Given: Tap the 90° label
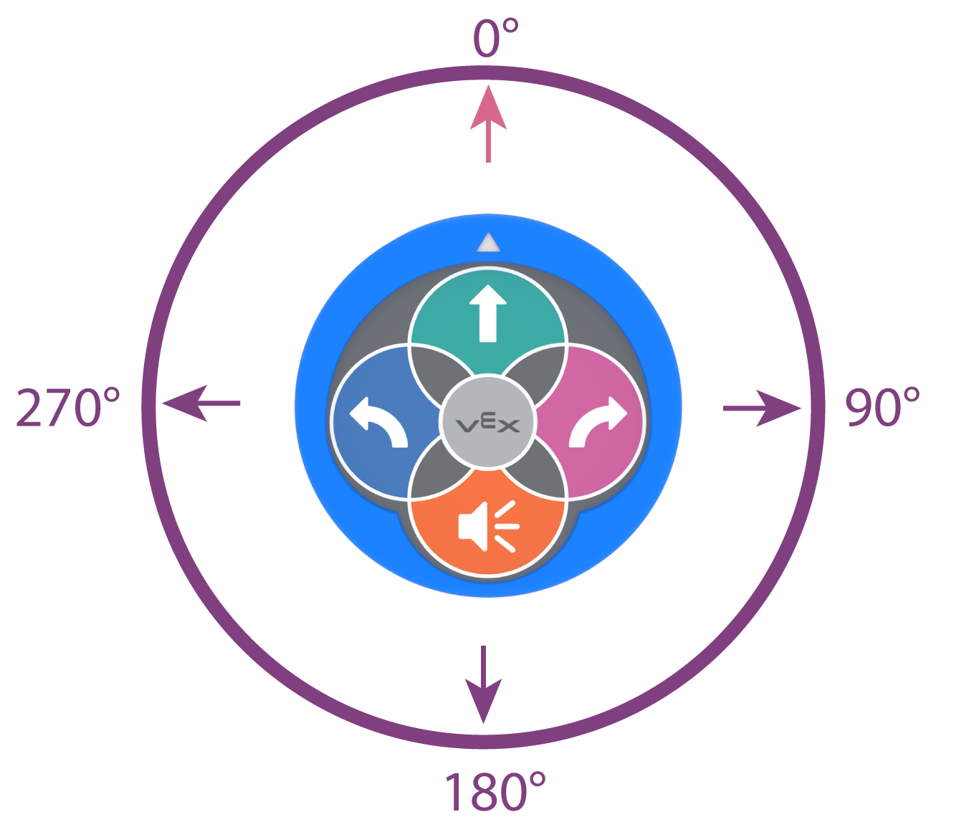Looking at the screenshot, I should tap(882, 408).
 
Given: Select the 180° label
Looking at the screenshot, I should tap(495, 791).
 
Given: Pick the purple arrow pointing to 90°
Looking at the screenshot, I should tap(762, 408).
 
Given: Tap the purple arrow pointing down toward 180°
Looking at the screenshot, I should tap(484, 684).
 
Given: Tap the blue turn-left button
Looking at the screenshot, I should tap(373, 423).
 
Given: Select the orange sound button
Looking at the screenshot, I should tap(488, 530).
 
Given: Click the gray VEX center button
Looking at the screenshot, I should tap(488, 424).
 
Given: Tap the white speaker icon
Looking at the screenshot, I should tap(487, 527).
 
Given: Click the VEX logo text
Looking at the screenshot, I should tap(488, 424).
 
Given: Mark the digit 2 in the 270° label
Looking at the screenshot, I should tap(29, 408).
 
